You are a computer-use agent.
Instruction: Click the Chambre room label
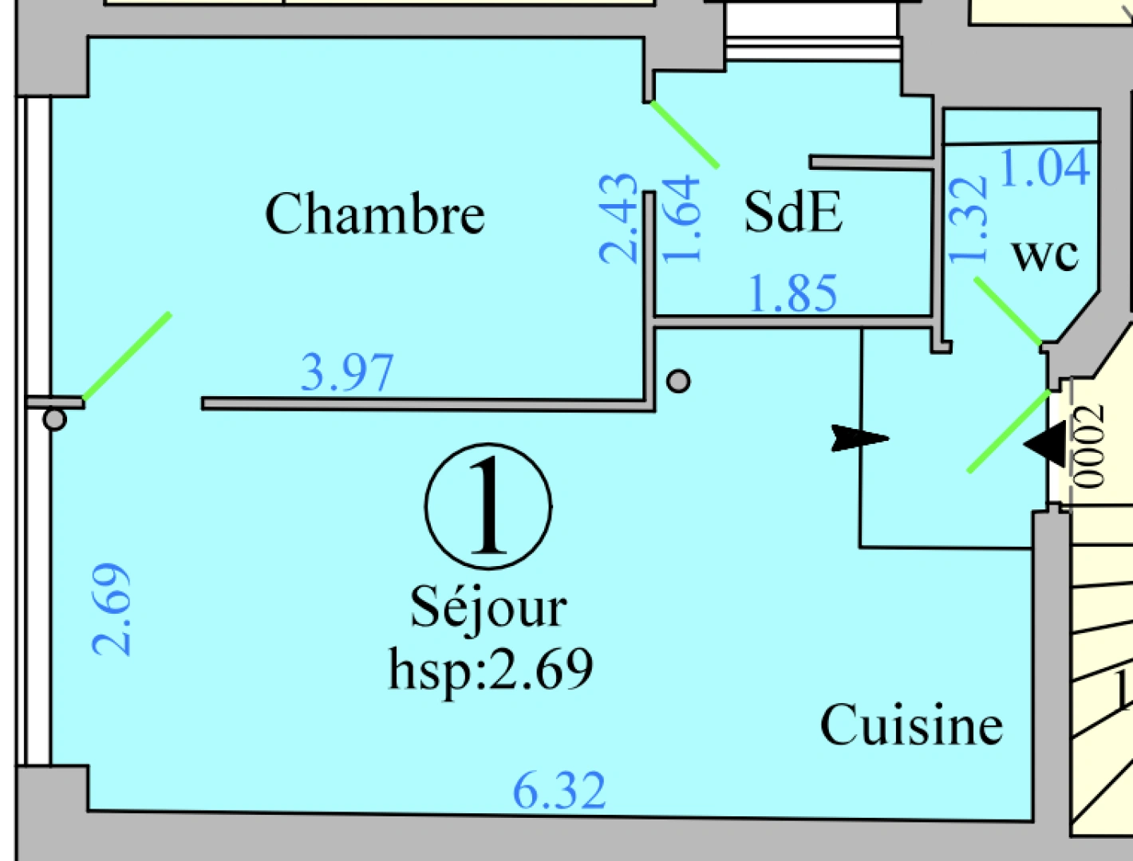click(374, 214)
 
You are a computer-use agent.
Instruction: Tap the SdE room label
click(792, 212)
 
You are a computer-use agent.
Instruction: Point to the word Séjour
click(488, 607)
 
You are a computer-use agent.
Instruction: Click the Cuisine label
click(911, 725)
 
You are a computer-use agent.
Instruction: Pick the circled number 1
click(488, 505)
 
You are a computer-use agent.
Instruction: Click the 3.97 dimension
click(347, 372)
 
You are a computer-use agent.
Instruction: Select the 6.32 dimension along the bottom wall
click(559, 790)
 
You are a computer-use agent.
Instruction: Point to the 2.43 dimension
click(620, 218)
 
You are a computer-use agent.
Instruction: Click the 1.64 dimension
click(682, 220)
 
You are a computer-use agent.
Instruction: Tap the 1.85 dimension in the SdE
click(793, 293)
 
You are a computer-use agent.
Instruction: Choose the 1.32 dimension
click(968, 219)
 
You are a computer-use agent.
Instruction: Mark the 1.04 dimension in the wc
click(1044, 167)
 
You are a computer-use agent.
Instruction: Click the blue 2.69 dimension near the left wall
click(112, 610)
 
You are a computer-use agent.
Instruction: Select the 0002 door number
click(1089, 446)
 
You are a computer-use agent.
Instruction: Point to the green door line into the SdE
click(685, 134)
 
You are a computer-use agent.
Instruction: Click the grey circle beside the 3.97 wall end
click(678, 381)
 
